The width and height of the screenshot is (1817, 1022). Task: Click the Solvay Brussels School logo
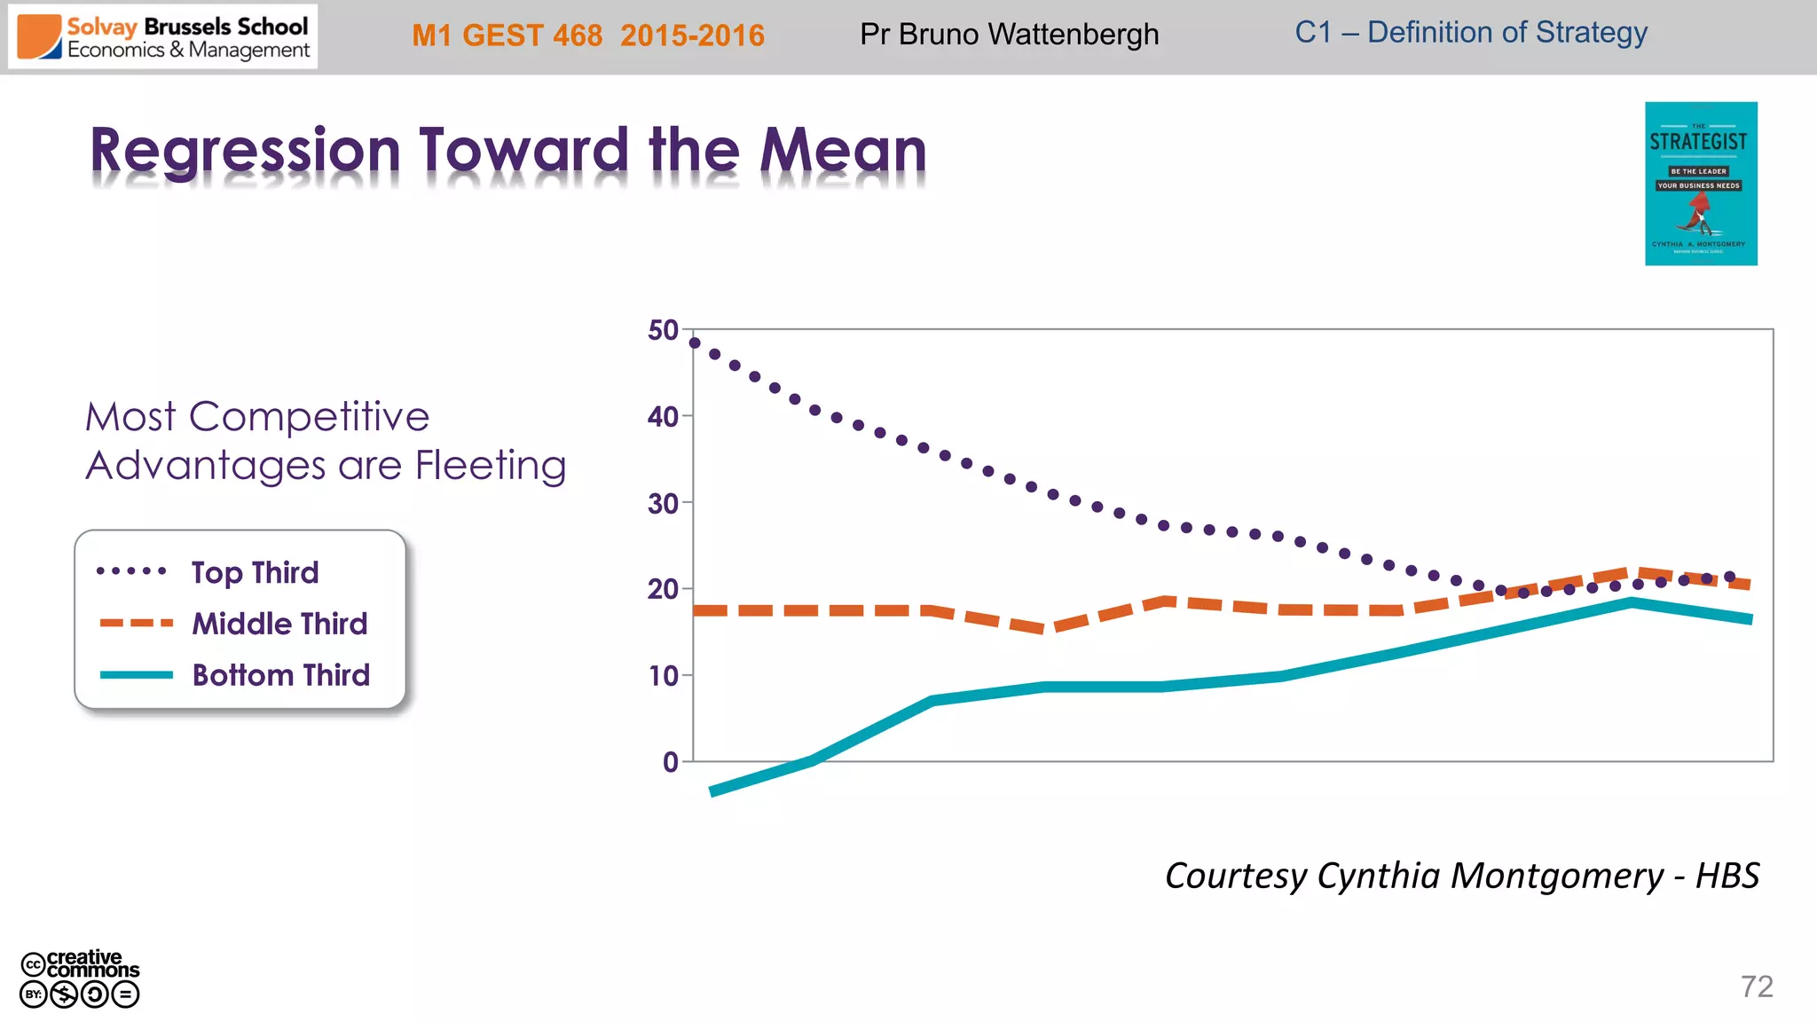163,37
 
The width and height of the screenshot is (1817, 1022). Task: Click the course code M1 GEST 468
507,35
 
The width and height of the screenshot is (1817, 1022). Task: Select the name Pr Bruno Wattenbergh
1009,35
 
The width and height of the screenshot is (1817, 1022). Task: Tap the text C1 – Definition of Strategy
1470,33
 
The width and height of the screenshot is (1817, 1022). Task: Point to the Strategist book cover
1700,184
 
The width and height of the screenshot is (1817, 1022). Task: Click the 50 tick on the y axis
663,331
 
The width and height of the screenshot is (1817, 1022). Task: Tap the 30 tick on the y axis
663,504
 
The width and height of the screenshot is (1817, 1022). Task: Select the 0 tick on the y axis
670,762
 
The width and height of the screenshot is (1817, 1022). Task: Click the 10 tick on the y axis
663,676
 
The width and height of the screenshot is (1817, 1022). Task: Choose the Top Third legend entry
255,573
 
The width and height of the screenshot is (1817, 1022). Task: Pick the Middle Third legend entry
279,624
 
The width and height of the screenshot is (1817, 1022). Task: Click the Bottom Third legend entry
280,675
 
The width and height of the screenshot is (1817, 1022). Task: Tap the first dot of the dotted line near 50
695,342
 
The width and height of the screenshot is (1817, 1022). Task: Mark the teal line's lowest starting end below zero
713,791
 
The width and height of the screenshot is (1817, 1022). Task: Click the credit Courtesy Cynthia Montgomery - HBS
1461,876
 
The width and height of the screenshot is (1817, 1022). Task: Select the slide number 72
1756,987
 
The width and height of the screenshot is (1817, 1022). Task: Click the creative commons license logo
80,978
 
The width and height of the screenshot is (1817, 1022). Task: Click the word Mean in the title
842,151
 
